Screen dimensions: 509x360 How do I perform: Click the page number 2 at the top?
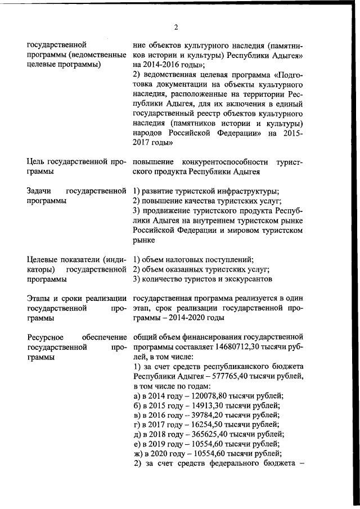tap(176, 28)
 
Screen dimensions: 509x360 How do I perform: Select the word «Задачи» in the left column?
tap(39, 192)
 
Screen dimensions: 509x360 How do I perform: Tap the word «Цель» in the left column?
tap(37, 162)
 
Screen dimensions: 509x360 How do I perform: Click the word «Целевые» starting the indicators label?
tap(43, 259)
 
